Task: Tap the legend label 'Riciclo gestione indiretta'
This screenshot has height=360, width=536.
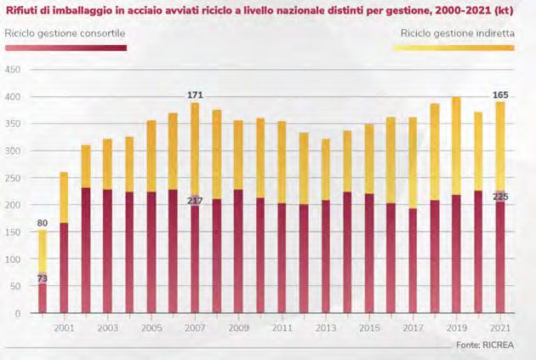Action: (456, 32)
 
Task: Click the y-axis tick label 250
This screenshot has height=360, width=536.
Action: (14, 178)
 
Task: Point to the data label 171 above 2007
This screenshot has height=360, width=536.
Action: (195, 94)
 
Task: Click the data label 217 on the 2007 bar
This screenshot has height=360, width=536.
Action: (195, 201)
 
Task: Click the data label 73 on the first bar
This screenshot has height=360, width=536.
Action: (41, 278)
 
